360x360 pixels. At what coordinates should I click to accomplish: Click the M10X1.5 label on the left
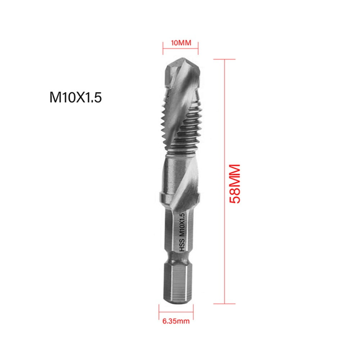click(x=76, y=97)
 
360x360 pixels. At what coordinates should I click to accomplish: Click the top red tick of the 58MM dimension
click(x=224, y=59)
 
